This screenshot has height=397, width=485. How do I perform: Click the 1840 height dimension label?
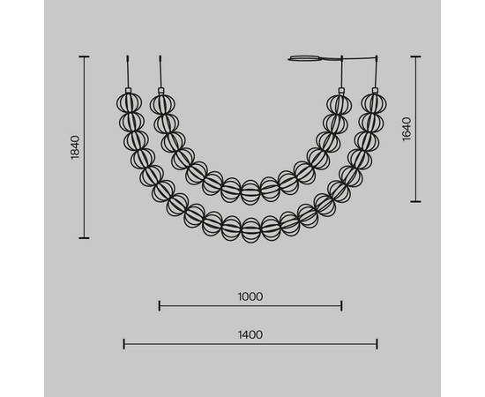pos(76,147)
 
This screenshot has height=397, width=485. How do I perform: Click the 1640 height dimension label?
pos(407,129)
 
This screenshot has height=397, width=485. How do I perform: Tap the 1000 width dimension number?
pos(250,296)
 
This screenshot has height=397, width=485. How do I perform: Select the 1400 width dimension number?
pos(250,335)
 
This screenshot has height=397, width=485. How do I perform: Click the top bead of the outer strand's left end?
pos(129,103)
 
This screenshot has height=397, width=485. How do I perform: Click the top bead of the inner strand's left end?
pos(162,104)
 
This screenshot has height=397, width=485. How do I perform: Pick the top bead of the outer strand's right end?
pos(374,103)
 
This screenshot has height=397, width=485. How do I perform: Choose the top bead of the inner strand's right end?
pos(339,104)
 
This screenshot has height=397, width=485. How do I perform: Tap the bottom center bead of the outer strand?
pos(250,230)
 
